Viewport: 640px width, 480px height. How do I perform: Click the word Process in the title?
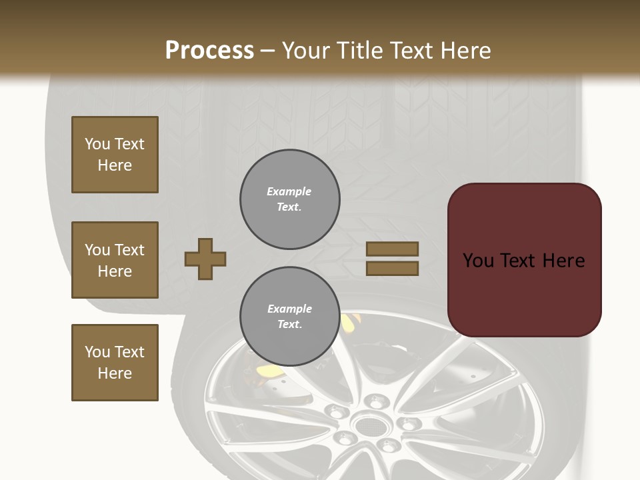point(209,50)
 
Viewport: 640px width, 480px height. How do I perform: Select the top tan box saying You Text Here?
point(115,155)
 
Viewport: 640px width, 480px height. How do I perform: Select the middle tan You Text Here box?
point(115,260)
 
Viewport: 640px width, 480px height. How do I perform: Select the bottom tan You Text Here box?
point(115,362)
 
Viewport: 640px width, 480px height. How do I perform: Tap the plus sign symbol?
point(205,259)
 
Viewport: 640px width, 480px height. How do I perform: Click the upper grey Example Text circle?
point(289,199)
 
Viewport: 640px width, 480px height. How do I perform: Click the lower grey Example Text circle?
point(289,317)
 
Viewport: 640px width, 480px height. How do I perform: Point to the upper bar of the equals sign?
point(393,249)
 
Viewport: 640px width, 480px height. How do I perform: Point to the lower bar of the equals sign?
point(393,269)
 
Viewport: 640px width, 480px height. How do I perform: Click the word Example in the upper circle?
point(289,191)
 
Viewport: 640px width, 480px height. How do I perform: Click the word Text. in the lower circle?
point(289,325)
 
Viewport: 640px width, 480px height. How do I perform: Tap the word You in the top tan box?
point(97,144)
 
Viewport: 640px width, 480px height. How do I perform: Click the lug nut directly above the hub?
point(377,401)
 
